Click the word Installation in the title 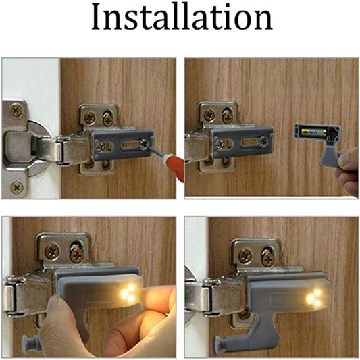point(181,19)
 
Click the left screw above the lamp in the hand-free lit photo point(244,256)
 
